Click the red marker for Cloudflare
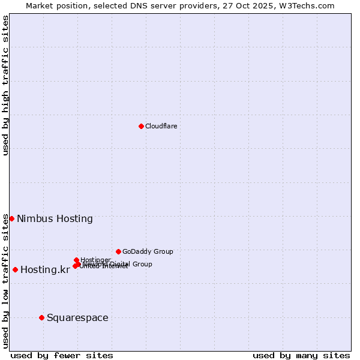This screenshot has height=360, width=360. pyautogui.click(x=141, y=126)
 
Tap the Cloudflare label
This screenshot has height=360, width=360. pyautogui.click(x=161, y=126)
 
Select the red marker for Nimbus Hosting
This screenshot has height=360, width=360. pyautogui.click(x=11, y=218)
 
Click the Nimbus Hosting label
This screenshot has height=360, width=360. pyautogui.click(x=55, y=218)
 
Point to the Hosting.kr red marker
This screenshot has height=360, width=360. pyautogui.click(x=15, y=269)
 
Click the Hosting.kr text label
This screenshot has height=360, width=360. pyautogui.click(x=45, y=269)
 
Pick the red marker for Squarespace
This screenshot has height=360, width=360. pyautogui.click(x=41, y=317)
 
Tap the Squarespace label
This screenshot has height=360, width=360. pyautogui.click(x=77, y=317)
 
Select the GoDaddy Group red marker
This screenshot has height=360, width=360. pyautogui.click(x=118, y=251)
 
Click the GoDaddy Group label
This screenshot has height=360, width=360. pyautogui.click(x=148, y=251)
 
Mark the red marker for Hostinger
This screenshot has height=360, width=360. pyautogui.click(x=76, y=260)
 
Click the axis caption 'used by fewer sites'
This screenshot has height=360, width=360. pyautogui.click(x=62, y=355)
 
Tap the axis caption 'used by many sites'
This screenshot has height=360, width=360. pyautogui.click(x=301, y=355)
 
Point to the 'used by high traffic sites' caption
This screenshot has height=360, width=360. pyautogui.click(x=5, y=85)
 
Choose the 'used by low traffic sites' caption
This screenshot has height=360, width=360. pyautogui.click(x=5, y=280)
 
